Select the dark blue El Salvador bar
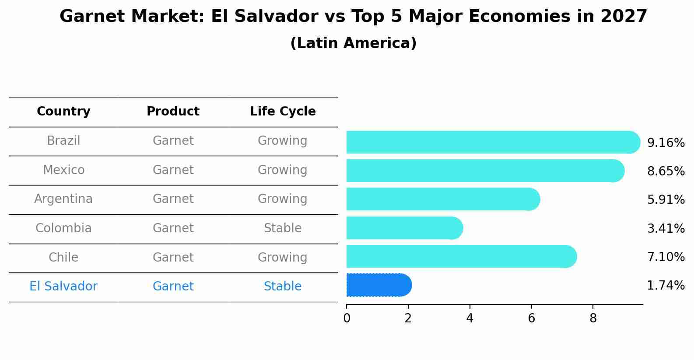pyautogui.click(x=379, y=285)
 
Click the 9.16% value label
pyautogui.click(x=666, y=143)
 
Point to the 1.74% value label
pyautogui.click(x=666, y=286)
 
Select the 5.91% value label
pyautogui.click(x=666, y=200)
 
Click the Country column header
pyautogui.click(x=63, y=112)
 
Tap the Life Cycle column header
pyautogui.click(x=283, y=112)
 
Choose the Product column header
pyautogui.click(x=173, y=112)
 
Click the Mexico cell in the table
pyautogui.click(x=63, y=170)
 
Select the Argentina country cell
pyautogui.click(x=63, y=199)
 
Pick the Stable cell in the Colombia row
pyautogui.click(x=283, y=228)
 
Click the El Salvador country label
pyautogui.click(x=63, y=287)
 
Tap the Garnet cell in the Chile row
pyautogui.click(x=173, y=258)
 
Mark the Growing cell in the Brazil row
pyautogui.click(x=283, y=141)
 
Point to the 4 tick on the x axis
pyautogui.click(x=470, y=318)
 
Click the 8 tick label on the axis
pyautogui.click(x=593, y=318)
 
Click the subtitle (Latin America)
pyautogui.click(x=353, y=43)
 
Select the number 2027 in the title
pyautogui.click(x=624, y=17)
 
